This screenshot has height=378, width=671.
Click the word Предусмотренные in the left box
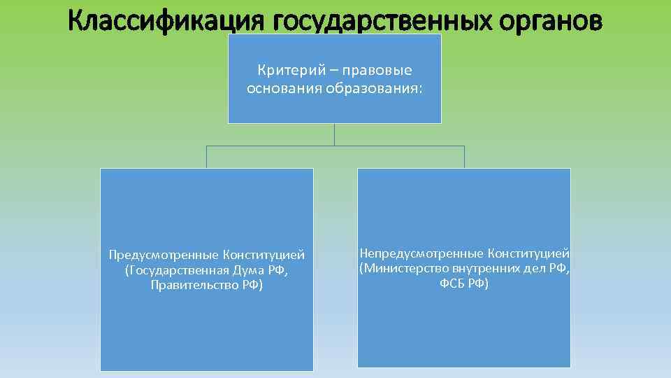tap(161, 254)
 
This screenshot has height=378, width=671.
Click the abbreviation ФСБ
tap(454, 284)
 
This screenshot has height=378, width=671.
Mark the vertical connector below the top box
tap(335, 134)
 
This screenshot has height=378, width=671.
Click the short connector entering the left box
tap(206, 157)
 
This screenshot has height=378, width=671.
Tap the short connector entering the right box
tap(464, 157)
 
